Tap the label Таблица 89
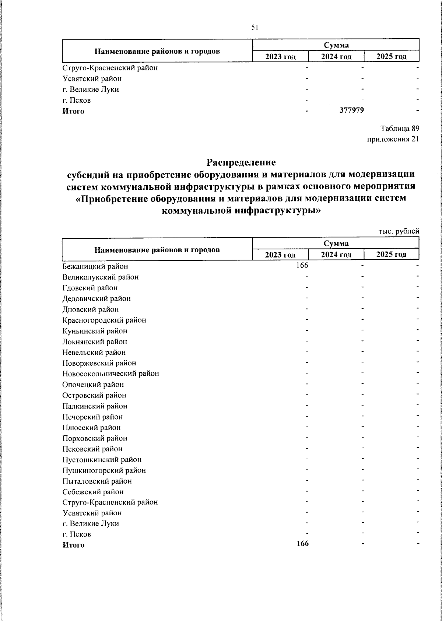pos(399,129)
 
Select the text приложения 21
pos(393,139)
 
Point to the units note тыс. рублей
pos(399,231)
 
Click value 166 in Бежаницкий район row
pos(302,265)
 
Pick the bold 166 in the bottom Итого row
pos(302,544)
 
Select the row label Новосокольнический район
pos(111,373)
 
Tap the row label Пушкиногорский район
pos(104,470)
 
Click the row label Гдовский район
pos(90,288)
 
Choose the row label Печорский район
pos(92,417)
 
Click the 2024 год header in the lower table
pos(336,255)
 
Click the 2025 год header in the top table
pos(391,56)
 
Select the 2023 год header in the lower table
pos(280,255)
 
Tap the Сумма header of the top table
pos(336,45)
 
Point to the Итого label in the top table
pos(73,111)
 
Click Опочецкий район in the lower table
pos(93,385)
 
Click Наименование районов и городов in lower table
pos(157,250)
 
